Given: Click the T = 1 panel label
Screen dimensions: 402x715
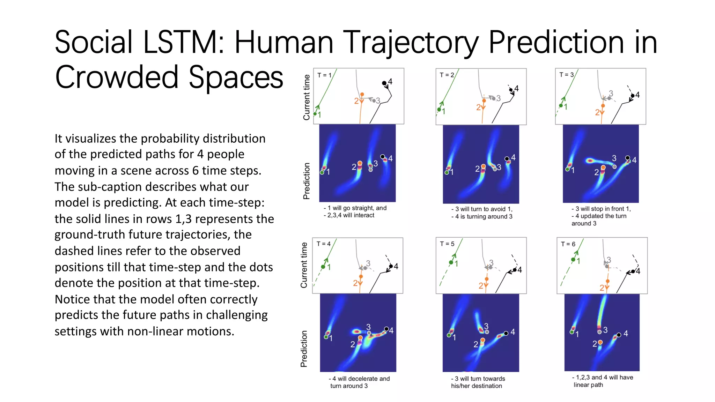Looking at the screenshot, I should (x=324, y=75).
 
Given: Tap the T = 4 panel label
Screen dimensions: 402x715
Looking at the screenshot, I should (x=323, y=244).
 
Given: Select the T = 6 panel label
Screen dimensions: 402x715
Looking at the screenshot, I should (x=568, y=244).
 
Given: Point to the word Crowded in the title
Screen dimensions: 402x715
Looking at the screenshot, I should (x=117, y=77).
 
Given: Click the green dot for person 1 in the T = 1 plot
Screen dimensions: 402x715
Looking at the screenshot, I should (x=315, y=114).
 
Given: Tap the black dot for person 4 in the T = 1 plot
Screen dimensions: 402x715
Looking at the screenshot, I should (x=384, y=83).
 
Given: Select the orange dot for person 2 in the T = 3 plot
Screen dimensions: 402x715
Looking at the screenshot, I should (x=603, y=106).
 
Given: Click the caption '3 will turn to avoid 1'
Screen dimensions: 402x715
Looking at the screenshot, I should (x=482, y=209).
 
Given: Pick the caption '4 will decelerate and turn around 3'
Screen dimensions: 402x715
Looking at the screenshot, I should (x=360, y=382).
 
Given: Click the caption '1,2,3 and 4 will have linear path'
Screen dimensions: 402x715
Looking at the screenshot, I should (x=602, y=381).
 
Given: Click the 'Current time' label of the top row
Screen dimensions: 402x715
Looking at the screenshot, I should (x=307, y=97).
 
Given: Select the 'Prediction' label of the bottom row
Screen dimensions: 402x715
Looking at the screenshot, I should (x=304, y=349).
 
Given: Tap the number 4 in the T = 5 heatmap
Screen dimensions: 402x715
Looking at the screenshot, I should (x=513, y=332).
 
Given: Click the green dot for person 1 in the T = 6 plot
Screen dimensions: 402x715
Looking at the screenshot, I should (x=573, y=260).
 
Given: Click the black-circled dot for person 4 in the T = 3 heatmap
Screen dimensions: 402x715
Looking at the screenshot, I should (x=627, y=158).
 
